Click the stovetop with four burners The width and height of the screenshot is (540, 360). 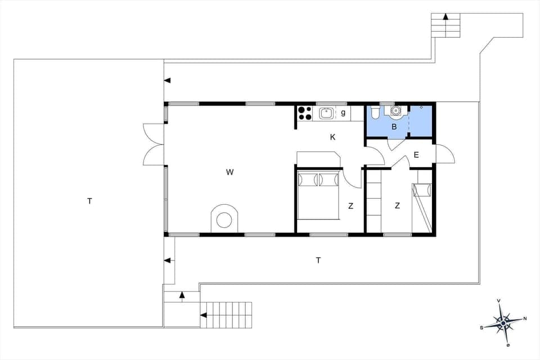pyautogui.click(x=304, y=113)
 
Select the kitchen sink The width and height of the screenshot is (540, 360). pyautogui.click(x=326, y=113)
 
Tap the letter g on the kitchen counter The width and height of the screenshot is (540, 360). pyautogui.click(x=343, y=113)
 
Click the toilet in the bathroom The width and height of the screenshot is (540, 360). pyautogui.click(x=375, y=112)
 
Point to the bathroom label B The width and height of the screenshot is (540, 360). pyautogui.click(x=394, y=127)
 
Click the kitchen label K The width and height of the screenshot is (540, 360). pyautogui.click(x=333, y=137)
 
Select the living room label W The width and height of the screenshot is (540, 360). pyautogui.click(x=229, y=172)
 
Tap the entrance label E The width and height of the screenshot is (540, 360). pyautogui.click(x=416, y=156)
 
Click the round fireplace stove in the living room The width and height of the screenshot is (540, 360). pyautogui.click(x=224, y=219)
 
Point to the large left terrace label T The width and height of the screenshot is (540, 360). pyautogui.click(x=89, y=201)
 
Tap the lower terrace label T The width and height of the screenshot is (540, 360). pyautogui.click(x=318, y=260)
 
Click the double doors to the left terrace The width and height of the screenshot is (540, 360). pyautogui.click(x=153, y=145)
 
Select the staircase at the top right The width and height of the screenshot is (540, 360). pyautogui.click(x=445, y=24)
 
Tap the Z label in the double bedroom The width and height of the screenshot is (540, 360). pyautogui.click(x=350, y=206)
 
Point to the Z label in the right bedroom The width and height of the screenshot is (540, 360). pyautogui.click(x=397, y=206)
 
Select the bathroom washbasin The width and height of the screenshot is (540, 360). pyautogui.click(x=396, y=110)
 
